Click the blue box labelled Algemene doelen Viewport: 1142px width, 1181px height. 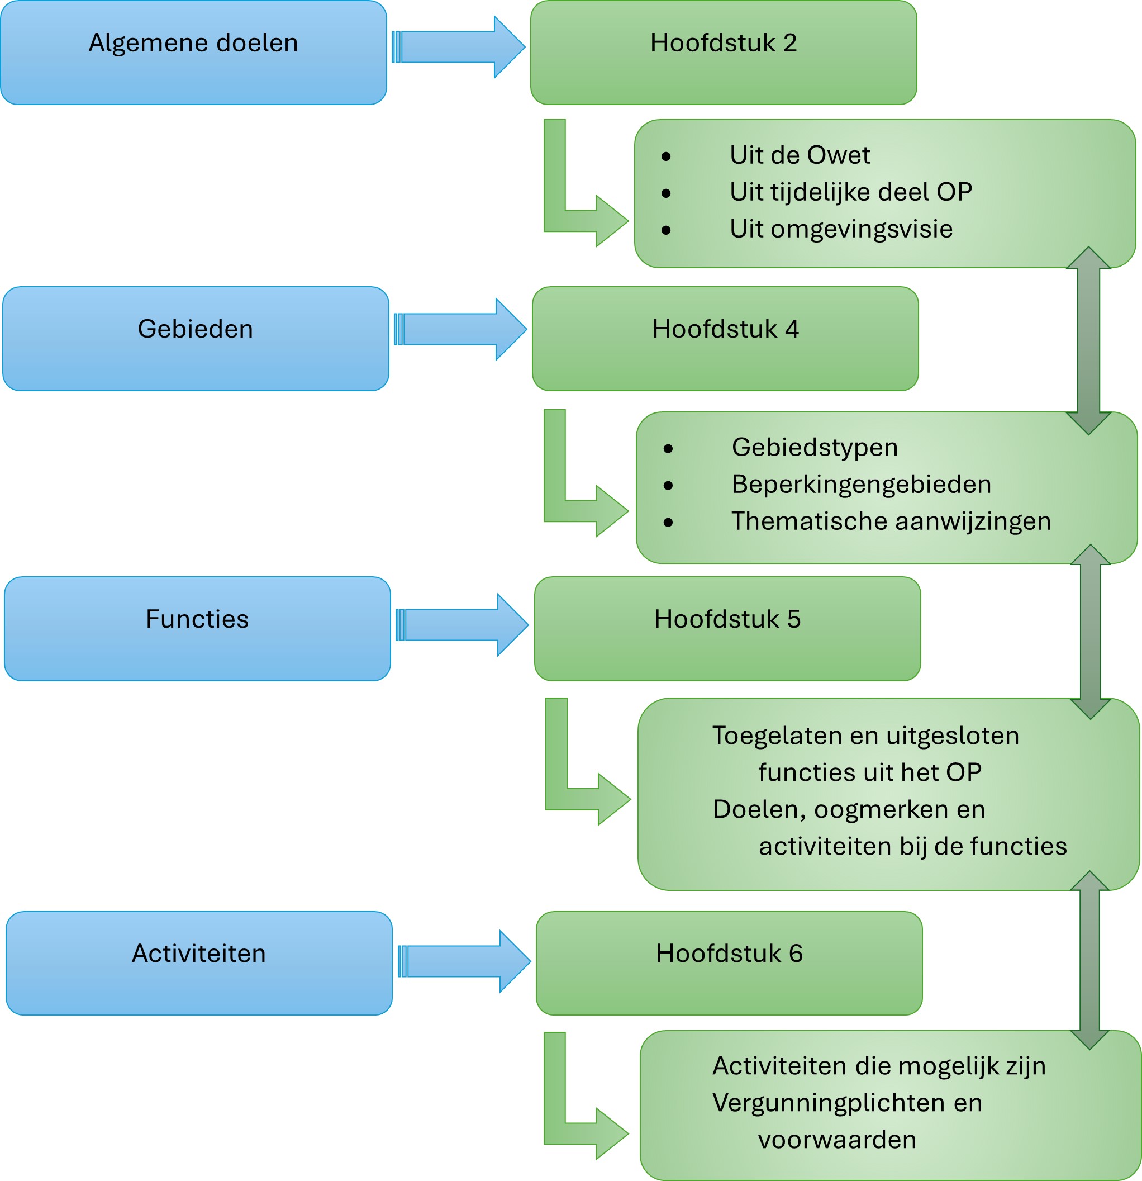193,53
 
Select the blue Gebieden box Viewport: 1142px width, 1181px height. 196,339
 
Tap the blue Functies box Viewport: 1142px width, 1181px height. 198,629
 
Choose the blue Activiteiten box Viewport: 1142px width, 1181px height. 199,964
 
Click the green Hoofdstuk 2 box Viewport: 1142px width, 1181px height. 724,53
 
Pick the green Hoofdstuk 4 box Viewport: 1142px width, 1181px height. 725,339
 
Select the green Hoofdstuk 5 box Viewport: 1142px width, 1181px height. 727,629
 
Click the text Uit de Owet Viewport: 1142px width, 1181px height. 800,155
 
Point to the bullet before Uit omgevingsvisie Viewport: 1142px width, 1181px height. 665,230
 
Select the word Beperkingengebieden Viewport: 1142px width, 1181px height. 862,485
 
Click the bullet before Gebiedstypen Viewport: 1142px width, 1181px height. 668,448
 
